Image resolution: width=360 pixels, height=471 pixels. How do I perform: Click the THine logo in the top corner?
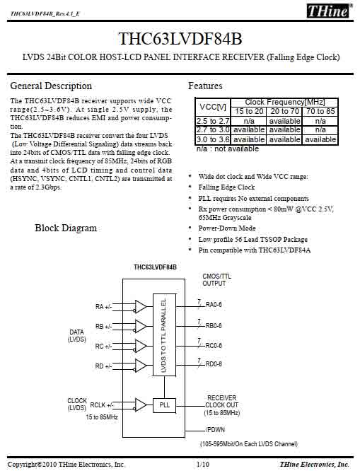point(329,11)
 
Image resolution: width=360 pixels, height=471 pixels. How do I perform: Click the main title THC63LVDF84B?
point(180,39)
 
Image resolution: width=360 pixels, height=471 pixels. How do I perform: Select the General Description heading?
point(51,86)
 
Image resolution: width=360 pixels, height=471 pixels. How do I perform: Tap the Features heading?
point(205,86)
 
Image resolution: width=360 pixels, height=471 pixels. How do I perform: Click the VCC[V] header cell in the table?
point(213,107)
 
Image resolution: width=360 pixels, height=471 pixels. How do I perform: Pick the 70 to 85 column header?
point(320,112)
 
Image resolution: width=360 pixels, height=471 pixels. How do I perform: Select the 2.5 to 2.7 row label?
point(213,121)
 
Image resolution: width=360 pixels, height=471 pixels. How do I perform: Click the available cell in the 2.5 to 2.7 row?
point(284,121)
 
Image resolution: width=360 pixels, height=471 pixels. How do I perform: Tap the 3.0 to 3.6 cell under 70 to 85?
point(320,140)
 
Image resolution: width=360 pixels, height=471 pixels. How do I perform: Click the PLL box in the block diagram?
point(164,405)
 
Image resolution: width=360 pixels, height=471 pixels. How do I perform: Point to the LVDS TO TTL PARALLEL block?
point(164,335)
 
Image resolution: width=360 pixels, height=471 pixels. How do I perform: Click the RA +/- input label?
point(103,307)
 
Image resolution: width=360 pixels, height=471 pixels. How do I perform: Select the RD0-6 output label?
point(214,364)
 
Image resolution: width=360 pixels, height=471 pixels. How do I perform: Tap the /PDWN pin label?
point(215,430)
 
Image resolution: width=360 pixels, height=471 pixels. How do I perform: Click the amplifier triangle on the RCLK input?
point(141,405)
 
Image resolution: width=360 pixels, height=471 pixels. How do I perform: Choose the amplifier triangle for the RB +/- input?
point(141,326)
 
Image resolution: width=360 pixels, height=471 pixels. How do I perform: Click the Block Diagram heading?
point(66,228)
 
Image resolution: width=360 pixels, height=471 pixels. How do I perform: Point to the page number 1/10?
point(203,465)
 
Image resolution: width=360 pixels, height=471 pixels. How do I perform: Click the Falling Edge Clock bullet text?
point(226,187)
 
